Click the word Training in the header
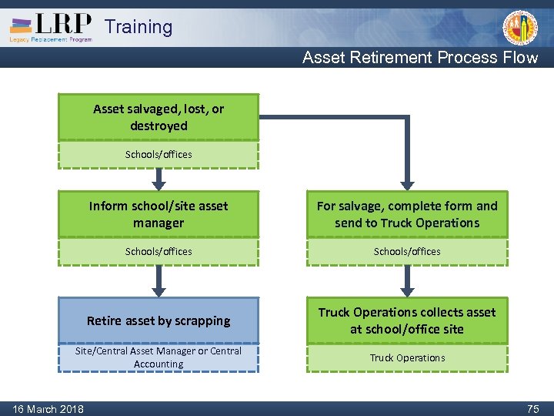tap(138, 27)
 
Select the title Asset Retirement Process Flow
tap(420, 58)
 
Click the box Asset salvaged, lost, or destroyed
tap(159, 117)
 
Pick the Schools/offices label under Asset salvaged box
tap(159, 154)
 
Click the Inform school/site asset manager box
tap(159, 214)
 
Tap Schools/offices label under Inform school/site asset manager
tap(159, 251)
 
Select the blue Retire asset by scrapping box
tap(159, 320)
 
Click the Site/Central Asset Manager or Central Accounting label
tap(159, 357)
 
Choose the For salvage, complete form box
tap(407, 214)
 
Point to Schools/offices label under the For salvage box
tap(407, 251)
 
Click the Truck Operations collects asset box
tap(407, 320)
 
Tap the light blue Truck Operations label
tap(407, 357)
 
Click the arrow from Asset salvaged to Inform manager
tap(159, 179)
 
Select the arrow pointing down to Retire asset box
tap(159, 282)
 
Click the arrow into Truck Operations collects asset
tap(407, 282)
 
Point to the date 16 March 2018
tap(48, 408)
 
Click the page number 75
tap(532, 409)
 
